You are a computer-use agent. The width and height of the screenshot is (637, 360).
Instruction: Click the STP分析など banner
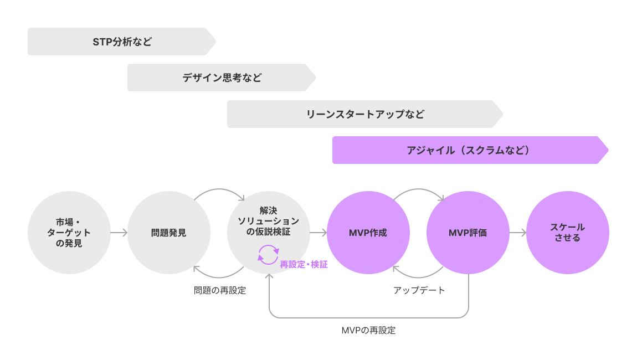[x=122, y=42]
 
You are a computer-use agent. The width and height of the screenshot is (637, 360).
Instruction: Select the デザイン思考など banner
[x=222, y=78]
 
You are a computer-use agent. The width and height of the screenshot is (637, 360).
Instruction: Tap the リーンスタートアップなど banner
[x=365, y=114]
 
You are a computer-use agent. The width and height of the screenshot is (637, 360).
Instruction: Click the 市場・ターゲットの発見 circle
[x=69, y=233]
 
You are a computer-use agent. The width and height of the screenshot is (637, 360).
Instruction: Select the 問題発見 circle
[x=169, y=233]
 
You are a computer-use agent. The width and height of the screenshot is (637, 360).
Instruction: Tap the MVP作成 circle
[x=368, y=233]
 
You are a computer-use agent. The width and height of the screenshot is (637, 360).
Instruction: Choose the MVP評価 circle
[x=468, y=233]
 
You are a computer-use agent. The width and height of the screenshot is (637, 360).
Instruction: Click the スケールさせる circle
[x=568, y=233]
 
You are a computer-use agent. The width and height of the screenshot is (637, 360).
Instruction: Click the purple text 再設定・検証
[x=304, y=265]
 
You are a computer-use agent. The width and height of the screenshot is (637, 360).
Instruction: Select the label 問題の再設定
[x=220, y=290]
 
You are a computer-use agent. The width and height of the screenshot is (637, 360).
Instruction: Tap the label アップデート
[x=419, y=290]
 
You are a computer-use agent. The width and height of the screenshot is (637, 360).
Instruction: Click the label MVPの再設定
[x=369, y=330]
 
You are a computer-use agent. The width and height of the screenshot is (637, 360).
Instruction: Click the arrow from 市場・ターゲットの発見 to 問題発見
[x=119, y=233]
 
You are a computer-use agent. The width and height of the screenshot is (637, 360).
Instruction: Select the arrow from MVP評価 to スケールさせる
[x=518, y=233]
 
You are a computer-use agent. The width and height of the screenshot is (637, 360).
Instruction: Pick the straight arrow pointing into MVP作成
[x=318, y=233]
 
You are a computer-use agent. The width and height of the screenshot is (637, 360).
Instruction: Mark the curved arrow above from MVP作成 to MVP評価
[x=418, y=191]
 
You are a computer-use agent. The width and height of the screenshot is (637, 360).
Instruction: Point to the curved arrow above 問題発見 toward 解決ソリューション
[x=219, y=191]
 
